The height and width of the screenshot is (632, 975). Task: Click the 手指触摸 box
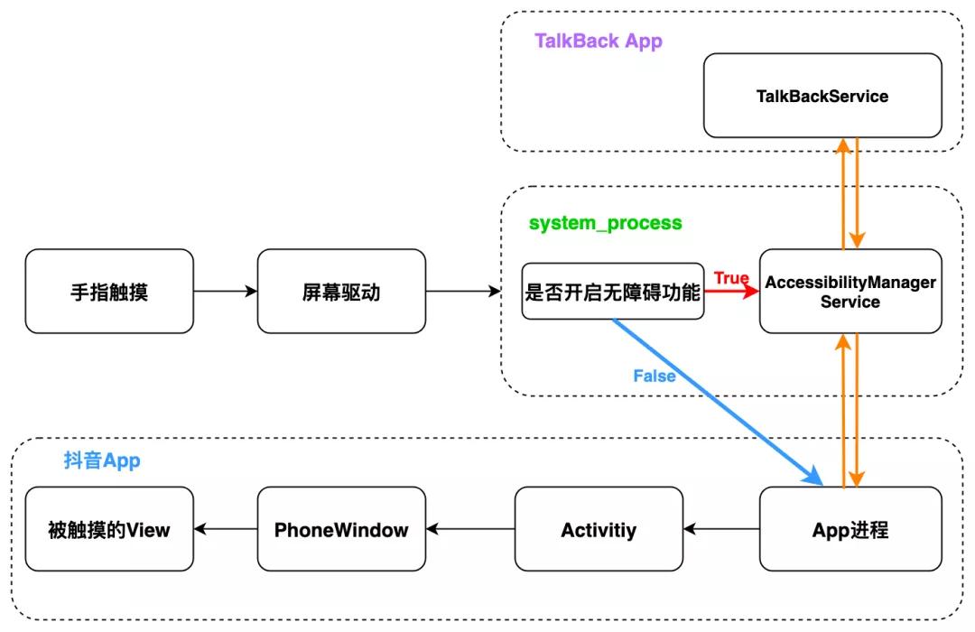(109, 292)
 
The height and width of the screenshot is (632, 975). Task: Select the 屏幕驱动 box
(341, 292)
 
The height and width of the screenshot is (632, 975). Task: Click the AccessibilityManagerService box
(850, 292)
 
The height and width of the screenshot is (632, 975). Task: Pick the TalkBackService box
(822, 96)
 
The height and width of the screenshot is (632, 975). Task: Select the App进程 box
(850, 529)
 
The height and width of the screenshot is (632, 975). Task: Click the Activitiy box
(599, 529)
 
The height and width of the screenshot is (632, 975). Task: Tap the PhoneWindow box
(341, 529)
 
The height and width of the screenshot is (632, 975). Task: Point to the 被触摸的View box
(109, 529)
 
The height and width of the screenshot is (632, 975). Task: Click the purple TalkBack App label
(598, 41)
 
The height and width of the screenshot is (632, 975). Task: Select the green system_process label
(605, 223)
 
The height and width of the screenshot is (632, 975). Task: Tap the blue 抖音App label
(101, 460)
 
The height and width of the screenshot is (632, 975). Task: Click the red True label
(731, 277)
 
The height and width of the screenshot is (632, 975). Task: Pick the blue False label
(654, 376)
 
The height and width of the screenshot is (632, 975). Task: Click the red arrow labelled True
(732, 293)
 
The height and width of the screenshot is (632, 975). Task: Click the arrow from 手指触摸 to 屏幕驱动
(225, 292)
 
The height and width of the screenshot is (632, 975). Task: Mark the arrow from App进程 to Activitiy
(721, 529)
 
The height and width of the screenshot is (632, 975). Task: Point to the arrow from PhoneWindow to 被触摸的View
(225, 529)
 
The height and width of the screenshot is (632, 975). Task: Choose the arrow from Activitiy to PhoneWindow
(469, 529)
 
